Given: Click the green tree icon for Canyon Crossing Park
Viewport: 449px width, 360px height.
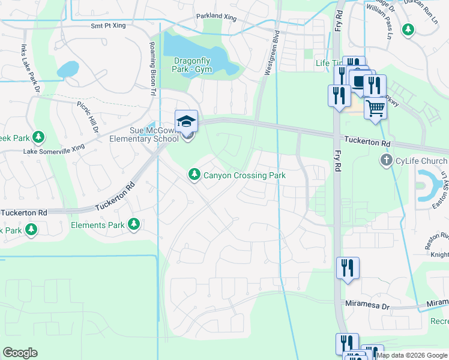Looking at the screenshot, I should [x=194, y=175].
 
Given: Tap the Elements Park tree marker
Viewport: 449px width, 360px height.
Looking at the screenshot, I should [x=134, y=225].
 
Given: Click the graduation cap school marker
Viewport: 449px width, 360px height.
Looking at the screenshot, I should [x=186, y=121].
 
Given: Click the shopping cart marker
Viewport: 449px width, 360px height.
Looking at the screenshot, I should [x=375, y=109].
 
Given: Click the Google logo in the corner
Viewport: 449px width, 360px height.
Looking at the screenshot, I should [x=20, y=353].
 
